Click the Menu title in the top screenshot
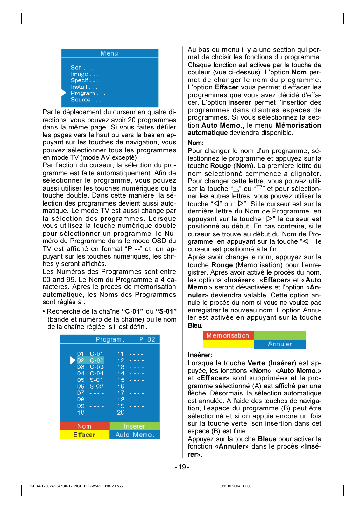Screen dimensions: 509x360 point(109,53)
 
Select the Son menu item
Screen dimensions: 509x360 point(76,67)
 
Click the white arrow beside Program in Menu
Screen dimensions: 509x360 point(64,93)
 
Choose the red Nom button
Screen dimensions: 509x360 point(84,426)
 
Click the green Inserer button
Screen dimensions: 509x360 point(134,426)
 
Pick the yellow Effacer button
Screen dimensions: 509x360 point(84,435)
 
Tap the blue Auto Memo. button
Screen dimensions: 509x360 point(134,435)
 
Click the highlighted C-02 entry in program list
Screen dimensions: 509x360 point(96,360)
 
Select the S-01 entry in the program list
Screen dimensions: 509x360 point(96,380)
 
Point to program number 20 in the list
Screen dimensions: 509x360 point(121,412)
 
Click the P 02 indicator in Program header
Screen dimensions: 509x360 point(147,339)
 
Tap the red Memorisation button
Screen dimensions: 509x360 point(228,335)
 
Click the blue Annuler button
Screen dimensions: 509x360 point(280,344)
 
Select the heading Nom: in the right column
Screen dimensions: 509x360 point(196,143)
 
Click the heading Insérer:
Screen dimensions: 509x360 point(200,355)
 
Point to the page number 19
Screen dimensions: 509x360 point(182,467)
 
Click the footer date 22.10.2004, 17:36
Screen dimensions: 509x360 point(236,486)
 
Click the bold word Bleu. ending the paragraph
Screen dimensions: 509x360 point(195,325)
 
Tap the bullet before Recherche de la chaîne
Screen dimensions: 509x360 point(44,311)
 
